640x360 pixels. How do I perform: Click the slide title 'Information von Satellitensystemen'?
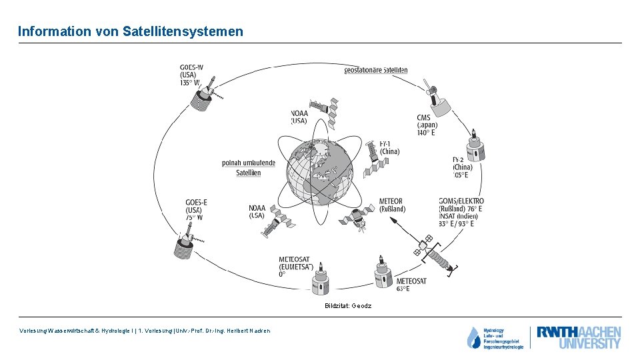[131, 31]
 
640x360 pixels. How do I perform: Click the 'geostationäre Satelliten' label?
[376, 70]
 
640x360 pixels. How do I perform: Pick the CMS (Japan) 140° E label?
[427, 125]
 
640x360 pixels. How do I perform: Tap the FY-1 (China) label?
[389, 147]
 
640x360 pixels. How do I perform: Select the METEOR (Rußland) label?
[392, 205]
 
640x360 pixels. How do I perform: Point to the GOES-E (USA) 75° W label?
[197, 209]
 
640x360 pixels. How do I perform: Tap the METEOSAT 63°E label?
[411, 285]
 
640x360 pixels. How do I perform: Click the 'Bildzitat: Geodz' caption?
[348, 306]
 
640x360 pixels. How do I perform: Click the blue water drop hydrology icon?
[474, 337]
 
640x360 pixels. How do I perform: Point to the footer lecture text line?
[145, 331]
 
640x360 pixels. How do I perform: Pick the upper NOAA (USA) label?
[299, 117]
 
